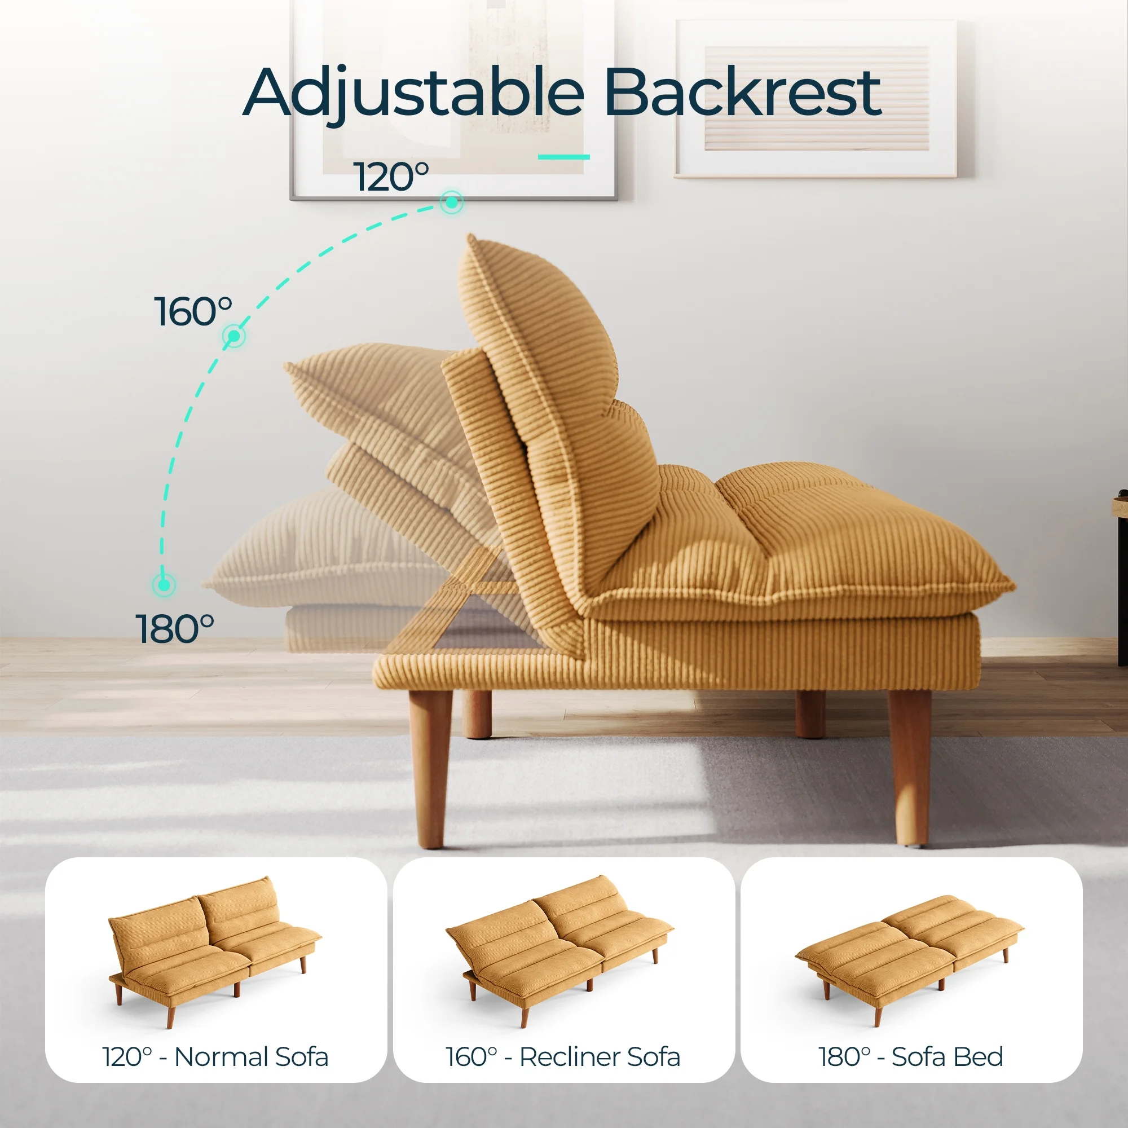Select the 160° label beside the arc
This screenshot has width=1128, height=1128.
tap(193, 311)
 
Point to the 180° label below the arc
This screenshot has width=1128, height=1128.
tap(175, 629)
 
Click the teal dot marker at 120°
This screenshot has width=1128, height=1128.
tap(451, 202)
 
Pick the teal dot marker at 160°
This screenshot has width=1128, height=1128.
tap(234, 336)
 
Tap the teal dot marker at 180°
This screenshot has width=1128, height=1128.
tap(164, 584)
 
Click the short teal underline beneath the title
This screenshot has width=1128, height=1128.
tap(563, 156)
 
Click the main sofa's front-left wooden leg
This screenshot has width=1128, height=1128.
tap(430, 768)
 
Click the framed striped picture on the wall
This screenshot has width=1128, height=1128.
tap(816, 99)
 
